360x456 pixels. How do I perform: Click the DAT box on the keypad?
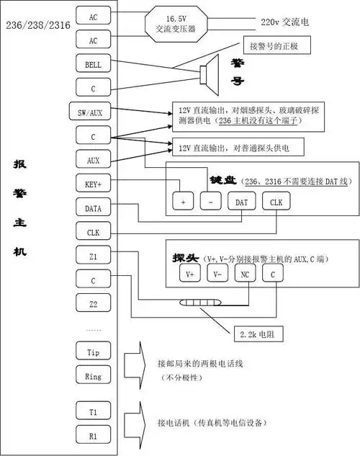(x=242, y=202)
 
